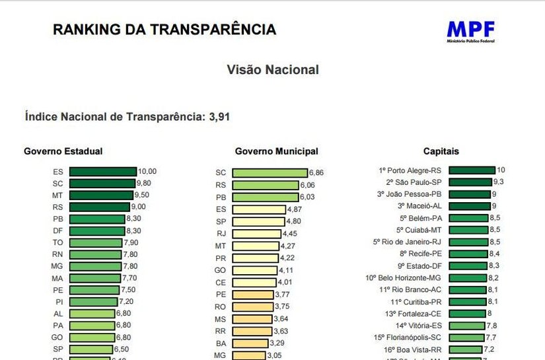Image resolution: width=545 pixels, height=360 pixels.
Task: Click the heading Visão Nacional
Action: click(x=272, y=70)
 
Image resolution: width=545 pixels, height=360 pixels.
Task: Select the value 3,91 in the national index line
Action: click(x=219, y=117)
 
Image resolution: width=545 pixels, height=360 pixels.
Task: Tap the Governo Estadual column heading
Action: click(x=63, y=151)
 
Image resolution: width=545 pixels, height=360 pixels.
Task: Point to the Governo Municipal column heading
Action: click(x=276, y=151)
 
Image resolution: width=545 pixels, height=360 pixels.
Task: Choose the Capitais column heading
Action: click(x=441, y=151)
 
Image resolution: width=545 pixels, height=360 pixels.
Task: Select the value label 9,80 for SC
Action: click(x=147, y=184)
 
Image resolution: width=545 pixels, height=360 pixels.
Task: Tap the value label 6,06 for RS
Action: click(x=308, y=185)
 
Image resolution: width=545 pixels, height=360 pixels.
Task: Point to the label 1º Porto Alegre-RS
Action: click(x=419, y=170)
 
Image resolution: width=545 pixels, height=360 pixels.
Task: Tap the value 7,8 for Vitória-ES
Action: click(x=491, y=325)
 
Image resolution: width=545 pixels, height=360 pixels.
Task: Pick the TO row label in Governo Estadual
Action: click(x=58, y=243)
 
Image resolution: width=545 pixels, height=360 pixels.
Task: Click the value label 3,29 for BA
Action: click(x=278, y=343)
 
